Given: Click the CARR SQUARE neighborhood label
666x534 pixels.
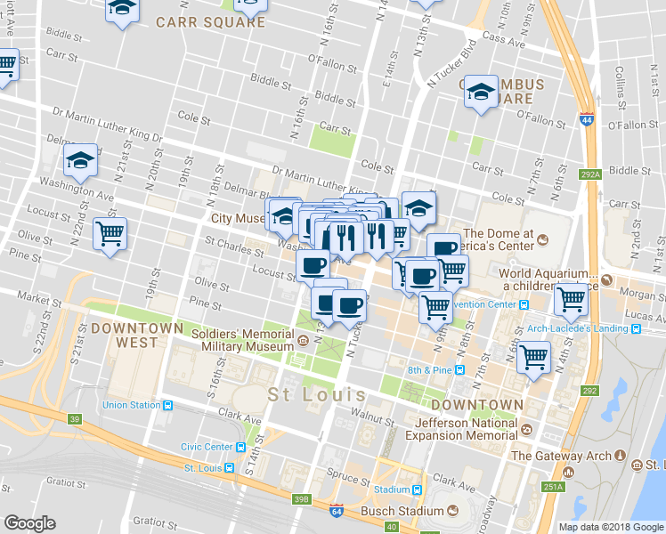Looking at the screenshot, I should tap(210, 22).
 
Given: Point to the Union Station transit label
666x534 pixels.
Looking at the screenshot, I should tap(132, 405).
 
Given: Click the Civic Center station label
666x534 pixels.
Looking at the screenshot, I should tap(207, 447).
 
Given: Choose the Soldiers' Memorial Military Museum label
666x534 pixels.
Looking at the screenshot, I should tap(247, 339).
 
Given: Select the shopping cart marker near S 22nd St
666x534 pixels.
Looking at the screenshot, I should tap(110, 234).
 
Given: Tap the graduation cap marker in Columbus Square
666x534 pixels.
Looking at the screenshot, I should tap(481, 92).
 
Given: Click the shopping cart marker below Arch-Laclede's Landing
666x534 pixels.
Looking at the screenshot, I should tap(533, 359).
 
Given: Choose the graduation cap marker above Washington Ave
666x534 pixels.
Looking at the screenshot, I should tap(80, 160).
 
